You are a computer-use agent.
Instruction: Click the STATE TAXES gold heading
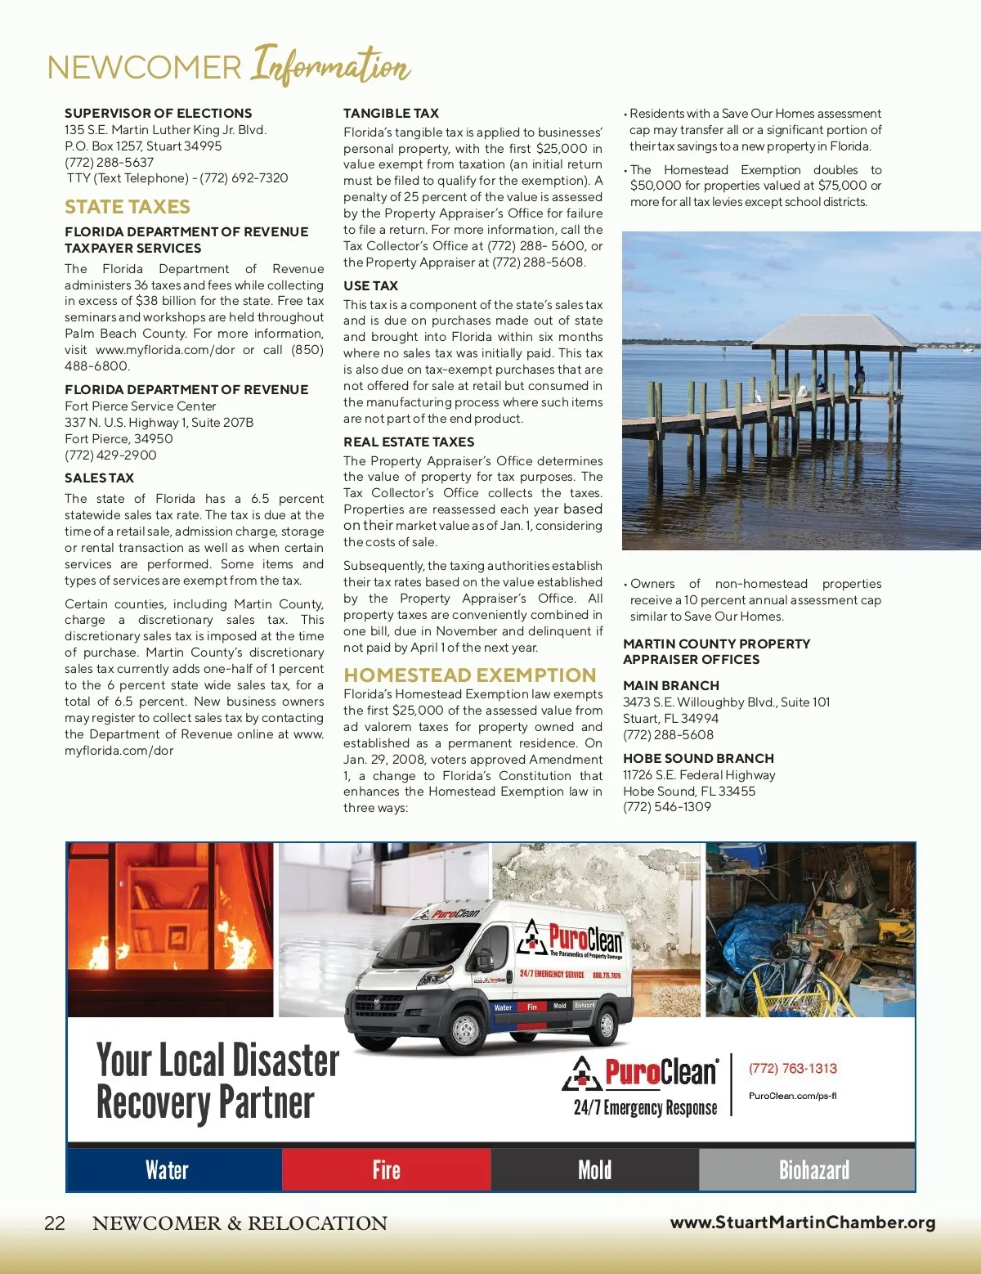[128, 207]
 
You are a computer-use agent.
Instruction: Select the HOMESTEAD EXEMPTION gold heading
[469, 675]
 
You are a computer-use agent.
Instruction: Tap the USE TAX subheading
[370, 285]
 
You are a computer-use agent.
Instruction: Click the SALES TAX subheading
[99, 478]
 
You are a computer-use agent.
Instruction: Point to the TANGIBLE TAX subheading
[391, 114]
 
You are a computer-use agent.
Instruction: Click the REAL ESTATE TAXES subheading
[409, 442]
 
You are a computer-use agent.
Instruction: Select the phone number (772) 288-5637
[109, 162]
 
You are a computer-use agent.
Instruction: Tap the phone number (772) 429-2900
[110, 455]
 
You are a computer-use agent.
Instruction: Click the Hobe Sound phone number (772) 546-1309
[667, 806]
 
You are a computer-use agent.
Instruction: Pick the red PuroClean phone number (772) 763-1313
[792, 1069]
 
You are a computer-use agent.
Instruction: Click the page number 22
[55, 1223]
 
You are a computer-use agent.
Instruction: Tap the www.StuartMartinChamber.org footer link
[803, 1222]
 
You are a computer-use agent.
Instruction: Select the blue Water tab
[167, 1170]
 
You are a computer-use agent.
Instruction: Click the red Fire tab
[386, 1170]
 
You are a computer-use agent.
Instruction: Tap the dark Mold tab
[594, 1170]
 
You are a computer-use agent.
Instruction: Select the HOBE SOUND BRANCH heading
[698, 759]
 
